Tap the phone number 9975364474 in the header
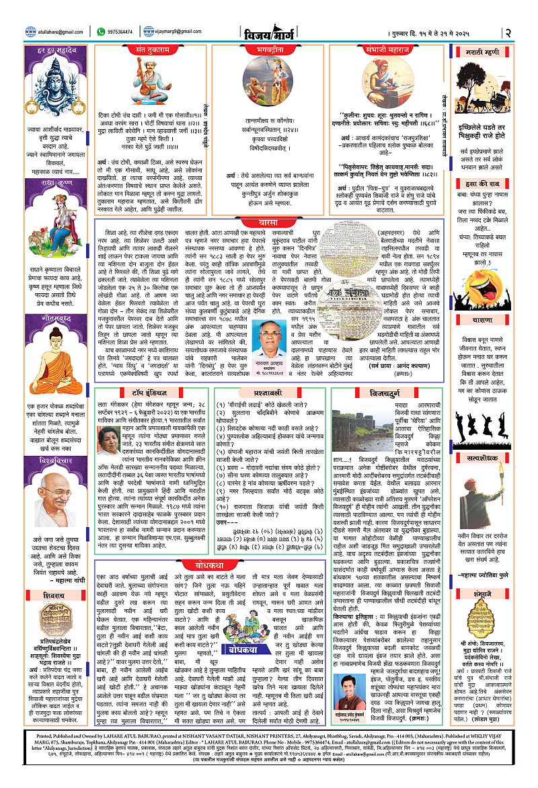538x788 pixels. point(119,31)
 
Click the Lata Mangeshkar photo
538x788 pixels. point(109,441)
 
